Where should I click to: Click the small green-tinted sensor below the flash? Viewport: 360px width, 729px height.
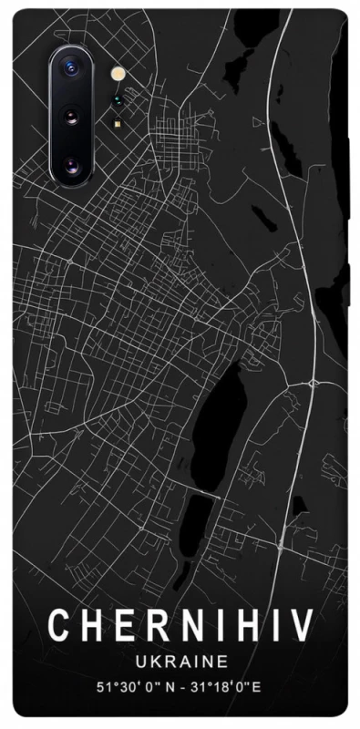tap(117, 102)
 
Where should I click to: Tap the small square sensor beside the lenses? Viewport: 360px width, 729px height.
tap(117, 123)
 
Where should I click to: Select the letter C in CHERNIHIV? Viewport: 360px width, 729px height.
tap(59, 626)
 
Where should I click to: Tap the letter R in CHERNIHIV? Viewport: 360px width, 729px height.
tap(152, 626)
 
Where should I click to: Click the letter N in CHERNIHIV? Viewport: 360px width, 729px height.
tap(185, 626)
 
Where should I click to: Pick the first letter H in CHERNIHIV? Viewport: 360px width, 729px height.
tap(91, 626)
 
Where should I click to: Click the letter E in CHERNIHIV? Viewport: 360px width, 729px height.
tap(122, 626)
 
